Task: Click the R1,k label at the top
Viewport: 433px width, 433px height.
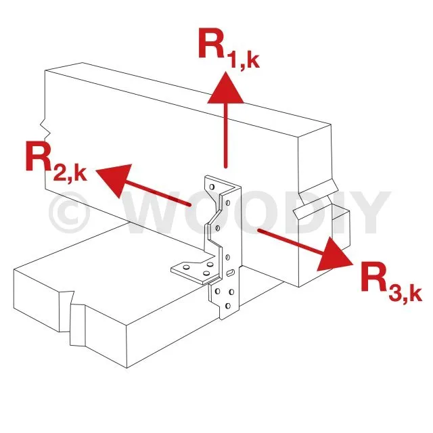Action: (x=229, y=47)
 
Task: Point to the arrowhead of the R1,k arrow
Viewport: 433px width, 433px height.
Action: (x=225, y=87)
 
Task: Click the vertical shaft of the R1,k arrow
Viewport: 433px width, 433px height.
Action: (x=225, y=135)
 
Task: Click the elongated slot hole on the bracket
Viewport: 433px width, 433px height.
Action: (x=230, y=273)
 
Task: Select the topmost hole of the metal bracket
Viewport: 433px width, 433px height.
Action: (x=212, y=187)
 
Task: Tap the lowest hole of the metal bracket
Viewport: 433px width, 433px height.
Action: (x=228, y=306)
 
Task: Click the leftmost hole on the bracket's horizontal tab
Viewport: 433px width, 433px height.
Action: (x=187, y=267)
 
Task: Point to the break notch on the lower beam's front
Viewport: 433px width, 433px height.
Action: (x=72, y=317)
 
